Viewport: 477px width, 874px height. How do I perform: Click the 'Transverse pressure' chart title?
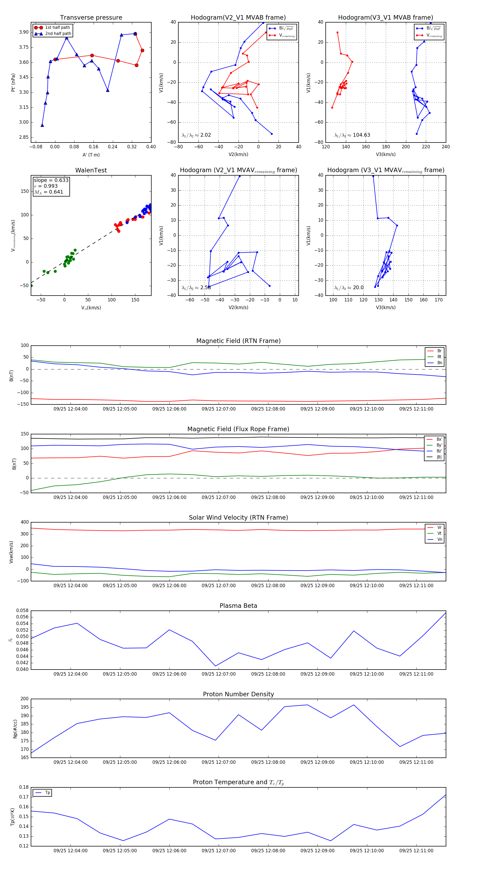(x=91, y=18)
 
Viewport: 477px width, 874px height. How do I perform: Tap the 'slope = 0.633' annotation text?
(x=51, y=180)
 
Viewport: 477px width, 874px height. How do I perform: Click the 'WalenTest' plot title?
(x=91, y=170)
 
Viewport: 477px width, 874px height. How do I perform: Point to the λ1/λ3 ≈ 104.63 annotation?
(x=352, y=135)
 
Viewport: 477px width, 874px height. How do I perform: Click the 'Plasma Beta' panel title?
(x=238, y=606)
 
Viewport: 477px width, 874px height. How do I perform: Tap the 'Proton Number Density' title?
(x=238, y=694)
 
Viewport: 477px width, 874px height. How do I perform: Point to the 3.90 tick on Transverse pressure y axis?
(x=24, y=32)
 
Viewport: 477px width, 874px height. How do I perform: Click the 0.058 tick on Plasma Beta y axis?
(x=23, y=610)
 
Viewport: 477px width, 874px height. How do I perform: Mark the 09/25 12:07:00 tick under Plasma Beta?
(x=219, y=674)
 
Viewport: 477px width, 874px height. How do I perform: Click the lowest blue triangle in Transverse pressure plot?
(x=42, y=125)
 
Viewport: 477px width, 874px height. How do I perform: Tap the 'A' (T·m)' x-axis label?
(x=91, y=155)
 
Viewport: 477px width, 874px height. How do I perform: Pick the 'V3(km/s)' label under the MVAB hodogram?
(x=386, y=154)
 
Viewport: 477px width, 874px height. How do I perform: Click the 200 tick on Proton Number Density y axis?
(x=24, y=699)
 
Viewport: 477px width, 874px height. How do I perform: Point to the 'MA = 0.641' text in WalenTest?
(x=48, y=192)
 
